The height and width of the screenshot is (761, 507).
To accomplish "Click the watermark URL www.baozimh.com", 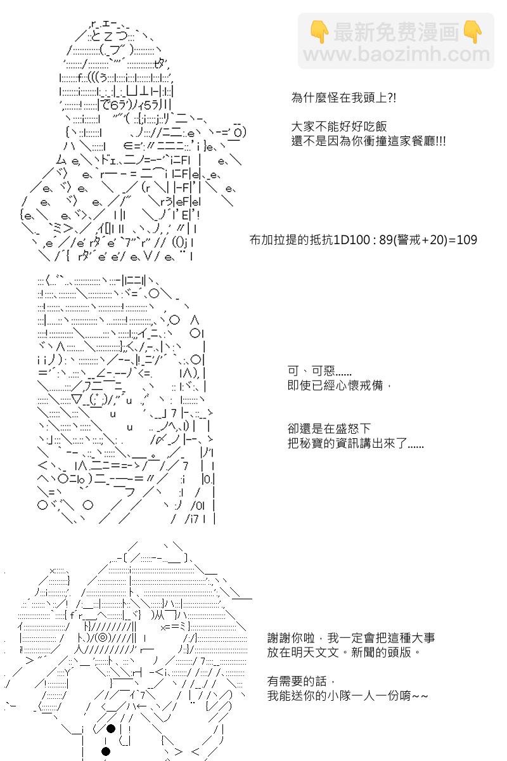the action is click(396, 54).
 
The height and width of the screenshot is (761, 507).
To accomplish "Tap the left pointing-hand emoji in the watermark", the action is click(319, 32).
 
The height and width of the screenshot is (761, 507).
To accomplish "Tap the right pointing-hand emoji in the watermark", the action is click(472, 32).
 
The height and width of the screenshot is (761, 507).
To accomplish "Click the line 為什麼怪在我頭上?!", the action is click(343, 98).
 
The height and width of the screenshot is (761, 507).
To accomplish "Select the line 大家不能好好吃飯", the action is click(339, 126).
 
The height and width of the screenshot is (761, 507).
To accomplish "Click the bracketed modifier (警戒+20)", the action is click(420, 240).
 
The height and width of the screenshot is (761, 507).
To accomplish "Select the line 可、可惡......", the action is click(319, 370).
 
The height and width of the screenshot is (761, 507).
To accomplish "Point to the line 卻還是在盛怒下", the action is click(329, 429).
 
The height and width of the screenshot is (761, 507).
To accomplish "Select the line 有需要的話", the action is click(297, 681).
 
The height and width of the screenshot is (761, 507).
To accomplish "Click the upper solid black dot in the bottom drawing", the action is click(111, 729).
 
